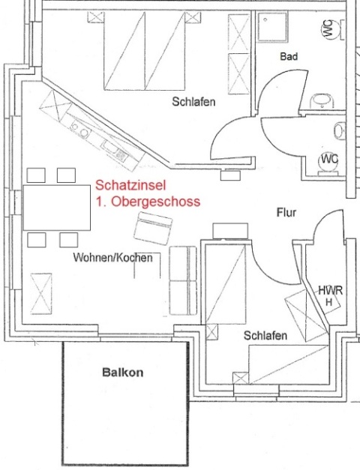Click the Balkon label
click(x=123, y=373)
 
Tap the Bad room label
click(x=289, y=56)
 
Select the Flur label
click(x=286, y=213)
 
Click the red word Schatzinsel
click(x=130, y=185)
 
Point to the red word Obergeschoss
click(x=156, y=202)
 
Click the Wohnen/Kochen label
click(x=113, y=257)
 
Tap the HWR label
click(x=330, y=290)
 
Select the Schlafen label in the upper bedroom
click(x=193, y=102)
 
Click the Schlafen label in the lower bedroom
click(x=265, y=335)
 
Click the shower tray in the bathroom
click(x=271, y=27)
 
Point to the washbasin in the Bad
click(x=322, y=101)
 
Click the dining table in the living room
click(x=57, y=208)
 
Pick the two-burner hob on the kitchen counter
click(x=80, y=130)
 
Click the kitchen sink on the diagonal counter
click(x=115, y=151)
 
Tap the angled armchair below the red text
click(x=153, y=229)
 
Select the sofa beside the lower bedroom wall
click(x=183, y=280)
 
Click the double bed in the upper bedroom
click(x=144, y=51)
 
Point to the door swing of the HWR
click(x=325, y=223)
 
